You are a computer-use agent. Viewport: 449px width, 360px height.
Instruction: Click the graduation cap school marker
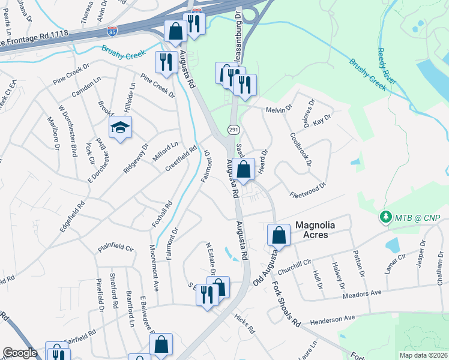[120, 128]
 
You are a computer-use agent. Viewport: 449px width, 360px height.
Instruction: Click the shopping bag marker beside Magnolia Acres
[279, 236]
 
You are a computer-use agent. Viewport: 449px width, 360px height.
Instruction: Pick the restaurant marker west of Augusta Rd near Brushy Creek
[165, 62]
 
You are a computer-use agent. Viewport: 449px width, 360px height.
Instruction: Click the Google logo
[19, 353]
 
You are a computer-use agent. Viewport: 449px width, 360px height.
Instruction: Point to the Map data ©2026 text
[423, 355]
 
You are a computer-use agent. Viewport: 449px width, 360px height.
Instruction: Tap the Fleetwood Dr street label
[307, 190]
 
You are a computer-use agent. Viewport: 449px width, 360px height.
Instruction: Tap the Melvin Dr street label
[279, 110]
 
